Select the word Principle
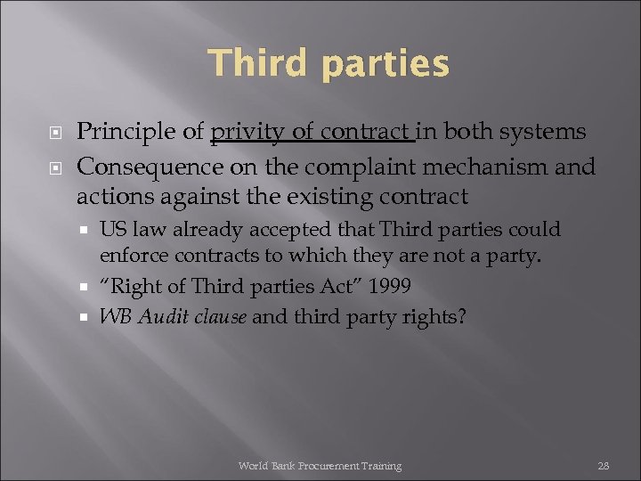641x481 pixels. click(x=126, y=133)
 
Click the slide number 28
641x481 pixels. click(x=603, y=466)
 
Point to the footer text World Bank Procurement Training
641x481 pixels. click(x=320, y=466)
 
